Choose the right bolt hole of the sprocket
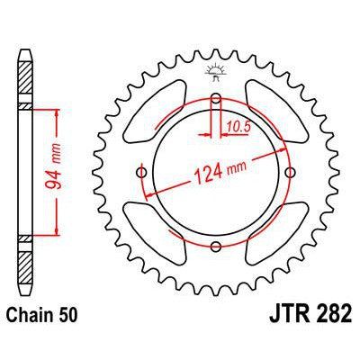tap(289, 173)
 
